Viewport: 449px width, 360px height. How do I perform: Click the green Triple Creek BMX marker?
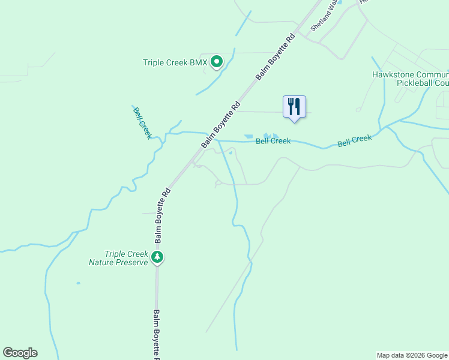click(217, 61)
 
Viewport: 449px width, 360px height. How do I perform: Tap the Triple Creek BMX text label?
click(175, 62)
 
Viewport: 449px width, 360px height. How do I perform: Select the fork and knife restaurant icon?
click(294, 107)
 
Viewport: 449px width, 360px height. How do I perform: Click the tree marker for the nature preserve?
click(157, 257)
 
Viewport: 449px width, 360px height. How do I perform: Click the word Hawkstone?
click(391, 75)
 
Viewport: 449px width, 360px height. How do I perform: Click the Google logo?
click(20, 353)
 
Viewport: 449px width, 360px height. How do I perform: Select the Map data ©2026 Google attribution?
click(411, 355)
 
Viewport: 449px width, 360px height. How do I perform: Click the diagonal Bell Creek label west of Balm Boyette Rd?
click(142, 122)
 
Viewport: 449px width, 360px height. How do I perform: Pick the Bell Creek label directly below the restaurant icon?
click(273, 141)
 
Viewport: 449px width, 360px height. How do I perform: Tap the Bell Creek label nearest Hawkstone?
click(354, 141)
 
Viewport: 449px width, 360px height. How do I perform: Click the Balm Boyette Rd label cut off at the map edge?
click(156, 334)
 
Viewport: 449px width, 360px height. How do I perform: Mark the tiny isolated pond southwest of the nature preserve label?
click(78, 283)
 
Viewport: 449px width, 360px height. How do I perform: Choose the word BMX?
click(198, 62)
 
